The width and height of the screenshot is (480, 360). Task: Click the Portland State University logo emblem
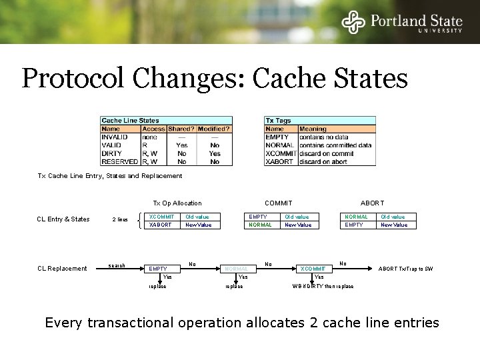(354, 21)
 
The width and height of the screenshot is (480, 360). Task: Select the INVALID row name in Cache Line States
(114, 137)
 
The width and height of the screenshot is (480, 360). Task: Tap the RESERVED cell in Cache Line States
(120, 161)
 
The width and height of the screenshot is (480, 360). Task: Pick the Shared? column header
(181, 129)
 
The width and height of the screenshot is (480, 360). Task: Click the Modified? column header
(214, 129)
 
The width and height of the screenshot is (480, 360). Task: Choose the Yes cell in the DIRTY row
(214, 153)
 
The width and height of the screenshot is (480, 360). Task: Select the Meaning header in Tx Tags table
(313, 129)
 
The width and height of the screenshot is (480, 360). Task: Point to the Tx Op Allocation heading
(177, 203)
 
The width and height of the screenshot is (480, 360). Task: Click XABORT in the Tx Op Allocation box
(161, 225)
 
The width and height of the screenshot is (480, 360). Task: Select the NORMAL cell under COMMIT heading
(260, 225)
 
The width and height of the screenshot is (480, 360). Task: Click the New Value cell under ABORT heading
(393, 225)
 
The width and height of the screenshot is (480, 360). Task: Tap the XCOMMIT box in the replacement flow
(312, 269)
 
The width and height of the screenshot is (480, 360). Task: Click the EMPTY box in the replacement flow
(158, 269)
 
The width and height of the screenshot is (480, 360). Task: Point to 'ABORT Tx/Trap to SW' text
(405, 269)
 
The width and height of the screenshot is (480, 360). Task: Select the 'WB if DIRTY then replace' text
(323, 286)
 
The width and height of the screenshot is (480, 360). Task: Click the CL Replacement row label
(62, 269)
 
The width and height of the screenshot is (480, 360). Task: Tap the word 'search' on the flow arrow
(117, 265)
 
